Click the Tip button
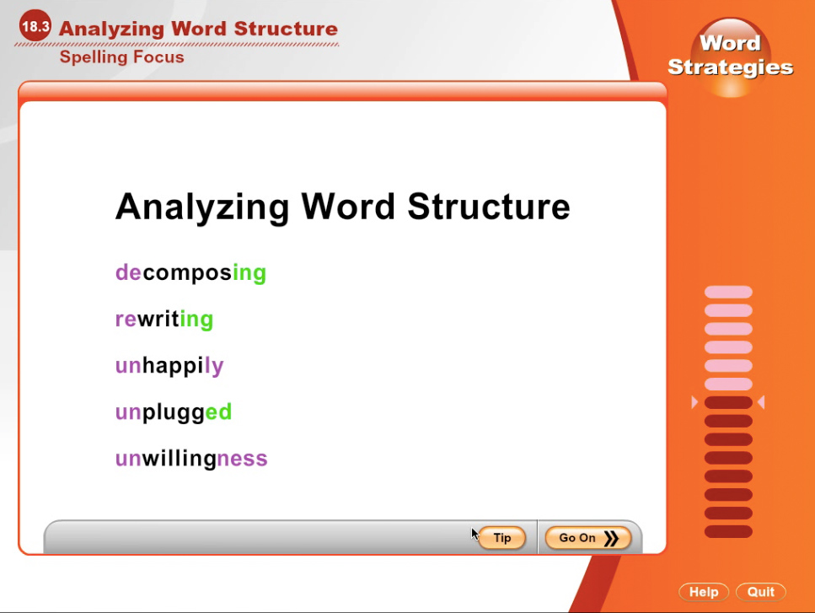coord(501,538)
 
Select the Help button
coord(704,592)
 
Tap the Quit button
coord(761,592)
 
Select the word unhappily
coord(169,365)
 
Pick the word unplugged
coord(174,411)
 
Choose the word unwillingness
coord(191,459)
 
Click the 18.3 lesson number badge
coord(35,26)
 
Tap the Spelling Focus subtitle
coord(121,56)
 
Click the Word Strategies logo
coord(730,56)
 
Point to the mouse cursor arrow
coord(475,534)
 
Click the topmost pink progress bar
coord(728,293)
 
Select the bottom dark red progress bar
coord(728,531)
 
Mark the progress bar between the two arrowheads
coord(728,402)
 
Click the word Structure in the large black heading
coord(489,207)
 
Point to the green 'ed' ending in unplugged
coord(219,411)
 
